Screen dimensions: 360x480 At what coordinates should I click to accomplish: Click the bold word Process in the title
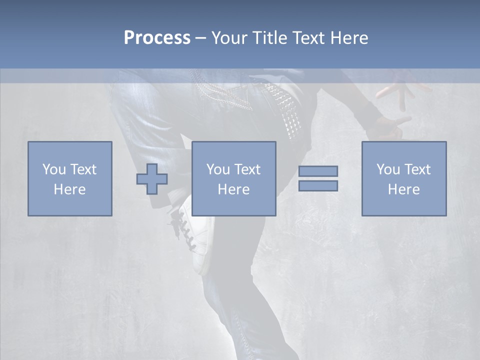(x=157, y=38)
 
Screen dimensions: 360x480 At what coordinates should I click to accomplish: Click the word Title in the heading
(x=270, y=38)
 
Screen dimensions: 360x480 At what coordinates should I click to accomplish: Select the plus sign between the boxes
(x=152, y=178)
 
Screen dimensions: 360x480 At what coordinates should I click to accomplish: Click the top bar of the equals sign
(x=318, y=171)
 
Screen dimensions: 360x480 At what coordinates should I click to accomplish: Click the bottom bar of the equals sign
(x=318, y=185)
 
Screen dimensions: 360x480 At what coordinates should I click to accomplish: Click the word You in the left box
(x=53, y=169)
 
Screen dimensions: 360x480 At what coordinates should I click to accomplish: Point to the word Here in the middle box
(x=233, y=189)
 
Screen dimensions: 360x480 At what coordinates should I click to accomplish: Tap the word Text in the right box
(x=417, y=169)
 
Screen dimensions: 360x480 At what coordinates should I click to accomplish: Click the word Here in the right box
(x=403, y=189)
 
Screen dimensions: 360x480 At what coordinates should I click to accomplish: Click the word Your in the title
(x=229, y=38)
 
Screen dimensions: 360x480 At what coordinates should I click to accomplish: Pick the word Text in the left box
(x=83, y=169)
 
